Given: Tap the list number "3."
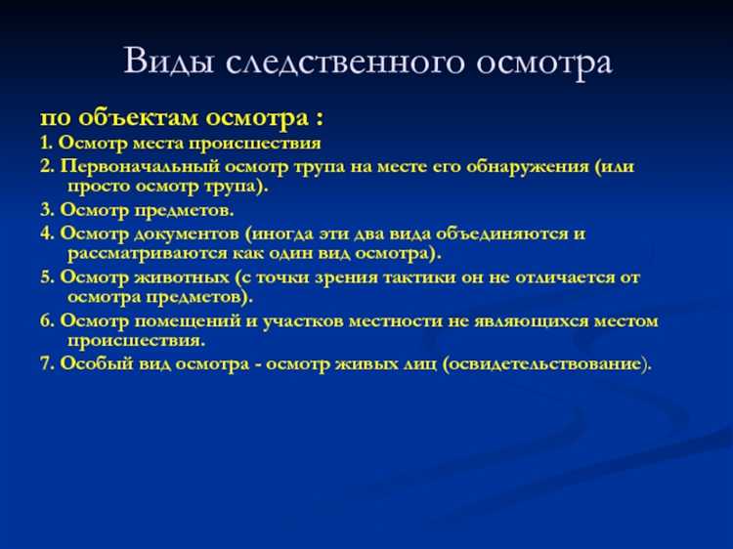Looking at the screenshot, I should pyautogui.click(x=46, y=210).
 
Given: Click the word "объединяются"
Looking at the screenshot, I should pyautogui.click(x=513, y=234).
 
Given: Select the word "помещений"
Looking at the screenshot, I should pyautogui.click(x=181, y=320).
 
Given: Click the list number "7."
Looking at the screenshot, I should pyautogui.click(x=46, y=363).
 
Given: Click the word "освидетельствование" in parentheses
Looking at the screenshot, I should pyautogui.click(x=544, y=363).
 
